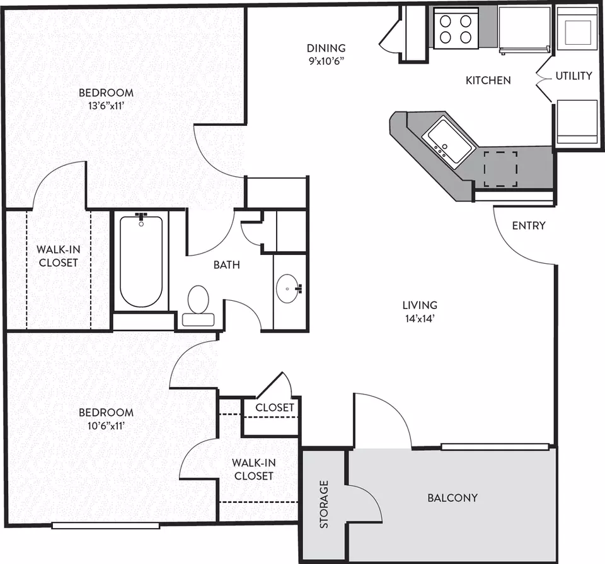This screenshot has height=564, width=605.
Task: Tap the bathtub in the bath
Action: point(141,262)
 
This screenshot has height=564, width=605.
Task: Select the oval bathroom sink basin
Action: point(287,289)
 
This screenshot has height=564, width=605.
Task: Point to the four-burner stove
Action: point(456,28)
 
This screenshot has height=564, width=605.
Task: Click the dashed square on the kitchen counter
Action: point(500,169)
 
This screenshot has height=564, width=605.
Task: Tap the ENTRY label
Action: point(529,225)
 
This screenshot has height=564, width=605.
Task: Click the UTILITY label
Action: point(573,76)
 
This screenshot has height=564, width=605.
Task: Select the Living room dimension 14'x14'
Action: point(420,319)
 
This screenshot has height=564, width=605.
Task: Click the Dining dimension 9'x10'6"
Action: point(326,61)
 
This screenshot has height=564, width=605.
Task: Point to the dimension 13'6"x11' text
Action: point(106,106)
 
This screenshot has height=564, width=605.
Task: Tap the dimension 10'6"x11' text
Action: point(106,426)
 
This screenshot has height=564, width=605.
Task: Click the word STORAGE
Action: point(324,504)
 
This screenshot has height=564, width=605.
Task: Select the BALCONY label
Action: point(452,498)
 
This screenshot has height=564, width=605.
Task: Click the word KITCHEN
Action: point(488,80)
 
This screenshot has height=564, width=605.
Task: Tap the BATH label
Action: point(227,265)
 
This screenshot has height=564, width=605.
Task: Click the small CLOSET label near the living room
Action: point(275,407)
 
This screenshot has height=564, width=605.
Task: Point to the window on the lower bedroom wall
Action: point(106,526)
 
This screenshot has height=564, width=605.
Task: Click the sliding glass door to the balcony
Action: point(495,447)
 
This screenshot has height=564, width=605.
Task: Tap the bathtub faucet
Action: point(141,217)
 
